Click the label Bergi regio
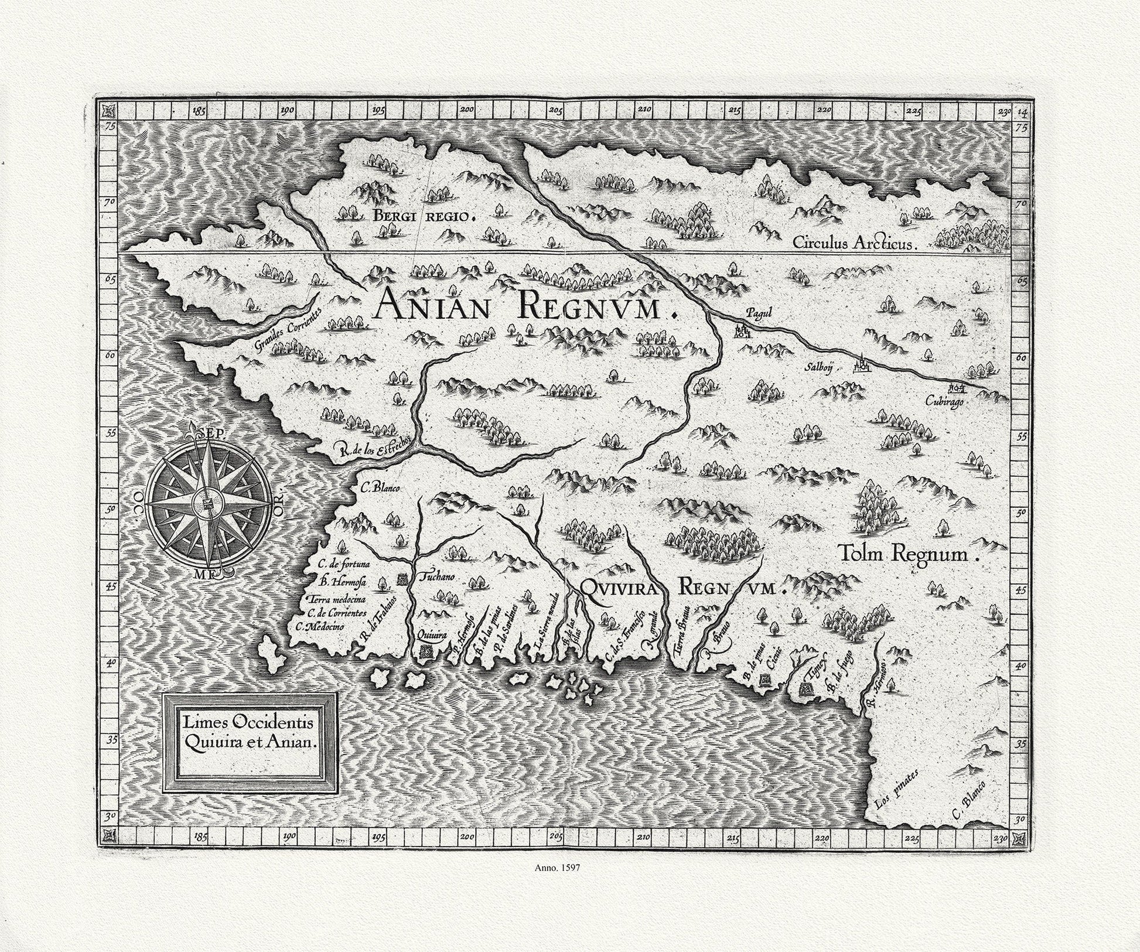pos(422,216)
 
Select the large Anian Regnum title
pos(523,305)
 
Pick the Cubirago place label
pos(944,401)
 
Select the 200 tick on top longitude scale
pos(467,110)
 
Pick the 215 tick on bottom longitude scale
pos(733,838)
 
